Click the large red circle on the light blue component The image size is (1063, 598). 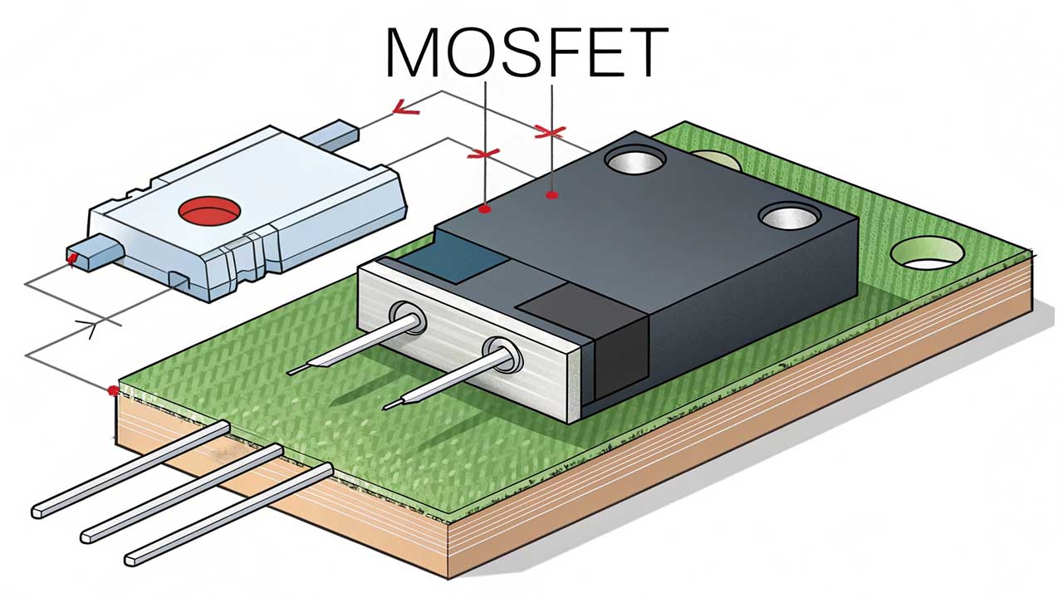point(208,212)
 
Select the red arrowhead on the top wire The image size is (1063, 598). point(405,106)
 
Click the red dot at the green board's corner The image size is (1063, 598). point(113,389)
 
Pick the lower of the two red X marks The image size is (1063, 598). point(483,154)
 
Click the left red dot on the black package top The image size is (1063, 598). point(485,210)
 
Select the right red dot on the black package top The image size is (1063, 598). point(550,196)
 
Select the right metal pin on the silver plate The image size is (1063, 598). point(448,378)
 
